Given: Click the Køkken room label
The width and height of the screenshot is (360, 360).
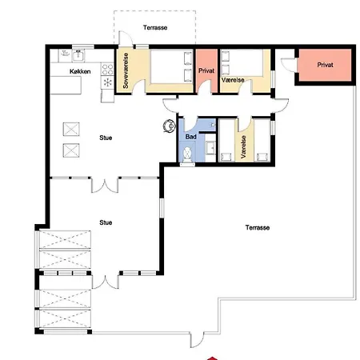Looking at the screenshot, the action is [80, 71].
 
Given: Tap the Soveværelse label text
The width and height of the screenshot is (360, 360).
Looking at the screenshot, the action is [126, 70].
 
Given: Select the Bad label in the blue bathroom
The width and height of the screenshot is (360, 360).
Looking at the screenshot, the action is [191, 137].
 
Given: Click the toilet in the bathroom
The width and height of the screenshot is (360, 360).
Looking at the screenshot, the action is [188, 154].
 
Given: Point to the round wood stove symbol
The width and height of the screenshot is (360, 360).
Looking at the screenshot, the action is [170, 126].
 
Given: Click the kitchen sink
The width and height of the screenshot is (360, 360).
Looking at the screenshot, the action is [78, 55].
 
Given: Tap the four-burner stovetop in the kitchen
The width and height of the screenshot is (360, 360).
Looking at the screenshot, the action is [107, 69].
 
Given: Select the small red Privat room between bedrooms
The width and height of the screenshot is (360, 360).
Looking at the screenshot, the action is [206, 70].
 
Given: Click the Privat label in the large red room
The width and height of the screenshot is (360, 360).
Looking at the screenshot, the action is [325, 65].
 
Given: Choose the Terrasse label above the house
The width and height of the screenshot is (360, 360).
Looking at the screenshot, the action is [155, 27].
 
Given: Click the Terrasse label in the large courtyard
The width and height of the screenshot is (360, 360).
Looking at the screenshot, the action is [258, 227].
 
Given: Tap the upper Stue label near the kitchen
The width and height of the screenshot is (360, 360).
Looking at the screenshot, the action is [106, 138].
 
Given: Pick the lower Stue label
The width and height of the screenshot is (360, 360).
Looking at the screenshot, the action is [106, 222].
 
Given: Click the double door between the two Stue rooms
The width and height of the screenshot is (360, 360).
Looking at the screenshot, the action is [105, 185].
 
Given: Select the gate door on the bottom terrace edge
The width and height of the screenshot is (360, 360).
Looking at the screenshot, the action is [197, 340].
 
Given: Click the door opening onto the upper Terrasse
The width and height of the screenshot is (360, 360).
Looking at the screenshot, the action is [126, 38].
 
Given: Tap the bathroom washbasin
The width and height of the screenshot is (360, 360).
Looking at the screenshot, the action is [211, 147].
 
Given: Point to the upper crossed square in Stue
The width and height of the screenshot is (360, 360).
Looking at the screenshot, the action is [71, 129].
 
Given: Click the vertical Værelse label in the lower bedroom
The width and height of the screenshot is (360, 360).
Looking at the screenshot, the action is [243, 147].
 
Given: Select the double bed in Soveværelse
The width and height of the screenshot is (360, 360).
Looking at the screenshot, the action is [171, 66].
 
